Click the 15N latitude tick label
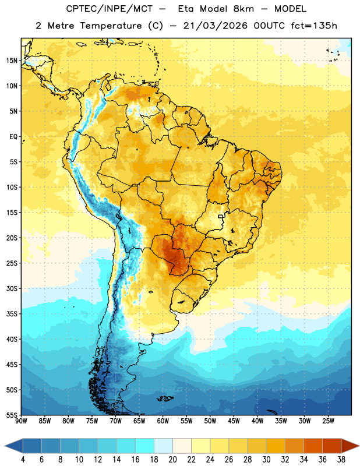coord(11,61)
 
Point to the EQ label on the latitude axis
coord(13,137)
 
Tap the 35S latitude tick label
coord(12,314)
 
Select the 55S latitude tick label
coord(12,415)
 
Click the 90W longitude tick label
coord(21,421)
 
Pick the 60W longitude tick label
coord(163,421)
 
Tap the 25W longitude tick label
coord(328,421)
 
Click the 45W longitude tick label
coord(234,421)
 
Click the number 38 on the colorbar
coord(341,460)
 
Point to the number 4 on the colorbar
coord(23,460)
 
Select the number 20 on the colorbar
coord(172,460)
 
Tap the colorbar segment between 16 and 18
coord(145,446)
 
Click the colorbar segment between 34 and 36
coord(313,446)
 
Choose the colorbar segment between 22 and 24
coord(201,446)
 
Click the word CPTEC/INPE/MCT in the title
coord(110,9)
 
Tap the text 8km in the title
coord(243,9)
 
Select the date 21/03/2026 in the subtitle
coord(215,26)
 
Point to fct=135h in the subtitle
coord(314,26)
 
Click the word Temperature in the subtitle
coord(111,26)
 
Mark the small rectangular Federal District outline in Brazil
coord(221,216)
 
